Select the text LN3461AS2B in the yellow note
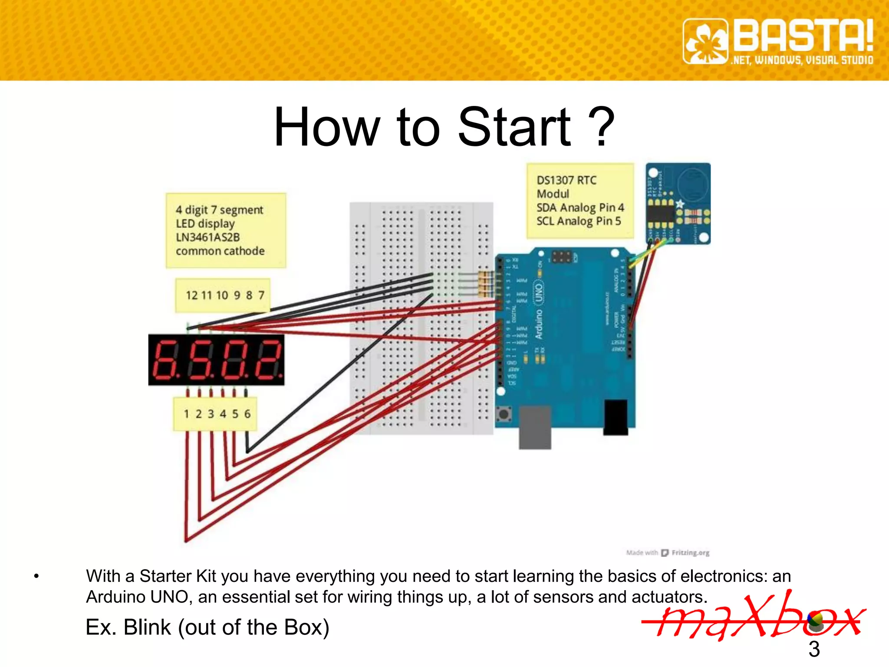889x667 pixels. pyautogui.click(x=207, y=237)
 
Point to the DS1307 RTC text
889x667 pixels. pyautogui.click(x=566, y=180)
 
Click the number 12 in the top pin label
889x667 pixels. pyautogui.click(x=191, y=295)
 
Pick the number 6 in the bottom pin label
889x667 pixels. pyautogui.click(x=247, y=414)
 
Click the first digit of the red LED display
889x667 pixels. pyautogui.click(x=164, y=360)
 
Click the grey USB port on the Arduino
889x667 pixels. pyautogui.click(x=535, y=427)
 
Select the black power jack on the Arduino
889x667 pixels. pyautogui.click(x=616, y=417)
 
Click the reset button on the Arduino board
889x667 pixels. pyautogui.click(x=504, y=414)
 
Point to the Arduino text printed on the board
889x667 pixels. pyautogui.click(x=539, y=324)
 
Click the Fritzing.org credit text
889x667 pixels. pyautogui.click(x=690, y=553)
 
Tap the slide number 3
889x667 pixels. pyautogui.click(x=814, y=649)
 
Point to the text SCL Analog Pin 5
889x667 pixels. pyautogui.click(x=579, y=221)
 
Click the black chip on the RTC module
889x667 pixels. pyautogui.click(x=660, y=213)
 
